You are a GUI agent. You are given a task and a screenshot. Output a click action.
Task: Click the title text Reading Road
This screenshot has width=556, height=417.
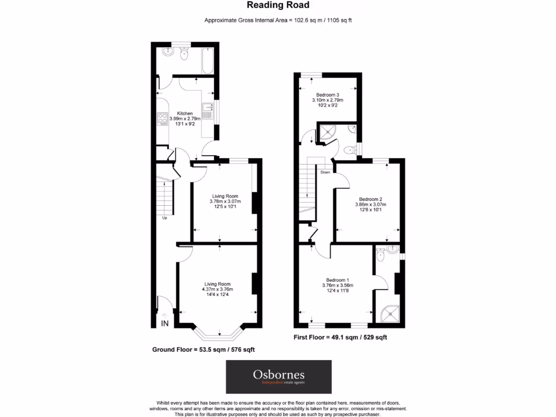coord(278,5)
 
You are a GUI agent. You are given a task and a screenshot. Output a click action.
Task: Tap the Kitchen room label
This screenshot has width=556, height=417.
coord(185,113)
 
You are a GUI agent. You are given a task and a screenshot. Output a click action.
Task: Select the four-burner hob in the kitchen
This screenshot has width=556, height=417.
coord(162,118)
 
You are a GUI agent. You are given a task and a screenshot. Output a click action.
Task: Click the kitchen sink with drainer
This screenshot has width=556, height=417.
coord(207,112)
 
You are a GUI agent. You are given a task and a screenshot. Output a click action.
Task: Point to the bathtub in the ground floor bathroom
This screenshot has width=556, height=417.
coord(207,60)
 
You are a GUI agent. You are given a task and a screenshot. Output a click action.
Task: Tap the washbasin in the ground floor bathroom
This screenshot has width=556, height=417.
coord(168,54)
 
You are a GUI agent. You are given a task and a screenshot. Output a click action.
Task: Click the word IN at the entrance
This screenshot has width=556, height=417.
coord(165,324)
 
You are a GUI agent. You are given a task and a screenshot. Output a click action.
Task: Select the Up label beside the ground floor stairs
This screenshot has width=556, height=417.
coord(164,218)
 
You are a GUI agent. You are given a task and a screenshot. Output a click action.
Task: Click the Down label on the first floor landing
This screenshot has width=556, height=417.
coord(325,172)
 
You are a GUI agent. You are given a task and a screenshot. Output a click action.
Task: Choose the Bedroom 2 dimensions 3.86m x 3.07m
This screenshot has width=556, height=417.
coord(369,205)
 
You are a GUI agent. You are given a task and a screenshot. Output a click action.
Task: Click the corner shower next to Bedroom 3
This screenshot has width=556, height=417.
coord(328,132)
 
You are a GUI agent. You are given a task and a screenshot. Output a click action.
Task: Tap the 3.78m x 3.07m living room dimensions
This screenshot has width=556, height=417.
coord(225,201)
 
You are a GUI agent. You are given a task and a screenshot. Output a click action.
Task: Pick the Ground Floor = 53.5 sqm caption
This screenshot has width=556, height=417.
coord(203,350)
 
